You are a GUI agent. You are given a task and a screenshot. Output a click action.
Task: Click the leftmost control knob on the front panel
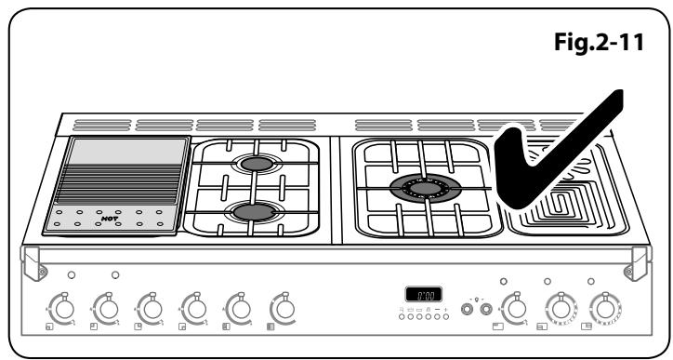62,306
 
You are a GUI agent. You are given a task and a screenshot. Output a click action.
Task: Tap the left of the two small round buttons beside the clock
467,306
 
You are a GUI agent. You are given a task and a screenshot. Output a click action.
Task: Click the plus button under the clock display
446,309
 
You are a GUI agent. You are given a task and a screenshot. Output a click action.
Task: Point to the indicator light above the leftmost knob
71,276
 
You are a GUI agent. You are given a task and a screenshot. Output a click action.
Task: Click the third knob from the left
150,306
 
